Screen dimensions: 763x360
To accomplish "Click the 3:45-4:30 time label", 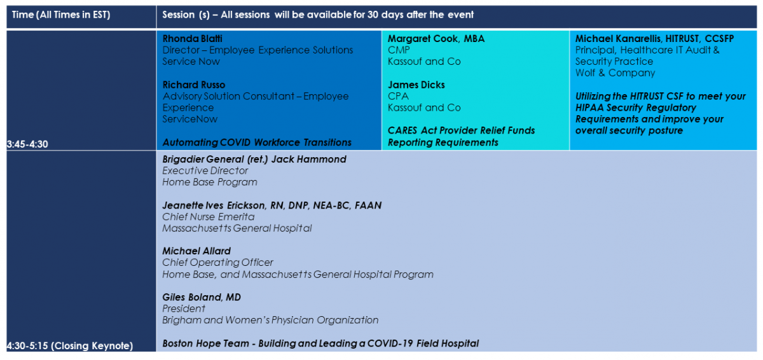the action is click(27, 144).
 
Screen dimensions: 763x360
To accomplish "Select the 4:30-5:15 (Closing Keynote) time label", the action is click(70, 346).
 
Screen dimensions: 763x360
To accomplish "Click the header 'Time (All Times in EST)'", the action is click(61, 15).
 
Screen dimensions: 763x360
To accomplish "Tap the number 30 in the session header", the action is click(373, 15).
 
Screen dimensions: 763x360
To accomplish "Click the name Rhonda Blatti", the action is click(192, 39).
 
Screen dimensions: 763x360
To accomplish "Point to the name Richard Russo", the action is click(194, 85).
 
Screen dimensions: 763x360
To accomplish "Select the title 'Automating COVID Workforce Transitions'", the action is click(257, 142).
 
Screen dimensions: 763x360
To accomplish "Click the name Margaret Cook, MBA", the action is click(436, 39).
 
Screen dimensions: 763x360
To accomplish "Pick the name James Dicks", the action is click(416, 85).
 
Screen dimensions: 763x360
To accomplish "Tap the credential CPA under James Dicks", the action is click(398, 97).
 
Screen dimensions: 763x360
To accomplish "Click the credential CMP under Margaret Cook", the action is click(399, 50).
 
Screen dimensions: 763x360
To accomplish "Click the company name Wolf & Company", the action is click(615, 73).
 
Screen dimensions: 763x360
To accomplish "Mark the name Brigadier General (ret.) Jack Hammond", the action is click(254, 160).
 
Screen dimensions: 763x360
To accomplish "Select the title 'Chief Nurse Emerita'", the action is click(208, 217).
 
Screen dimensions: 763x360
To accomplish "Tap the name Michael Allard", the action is click(196, 251).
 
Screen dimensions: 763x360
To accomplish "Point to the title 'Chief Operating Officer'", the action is click(217, 263).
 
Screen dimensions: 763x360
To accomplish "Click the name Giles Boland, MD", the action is click(202, 297).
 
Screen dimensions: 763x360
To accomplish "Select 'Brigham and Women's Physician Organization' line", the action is click(270, 320).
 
